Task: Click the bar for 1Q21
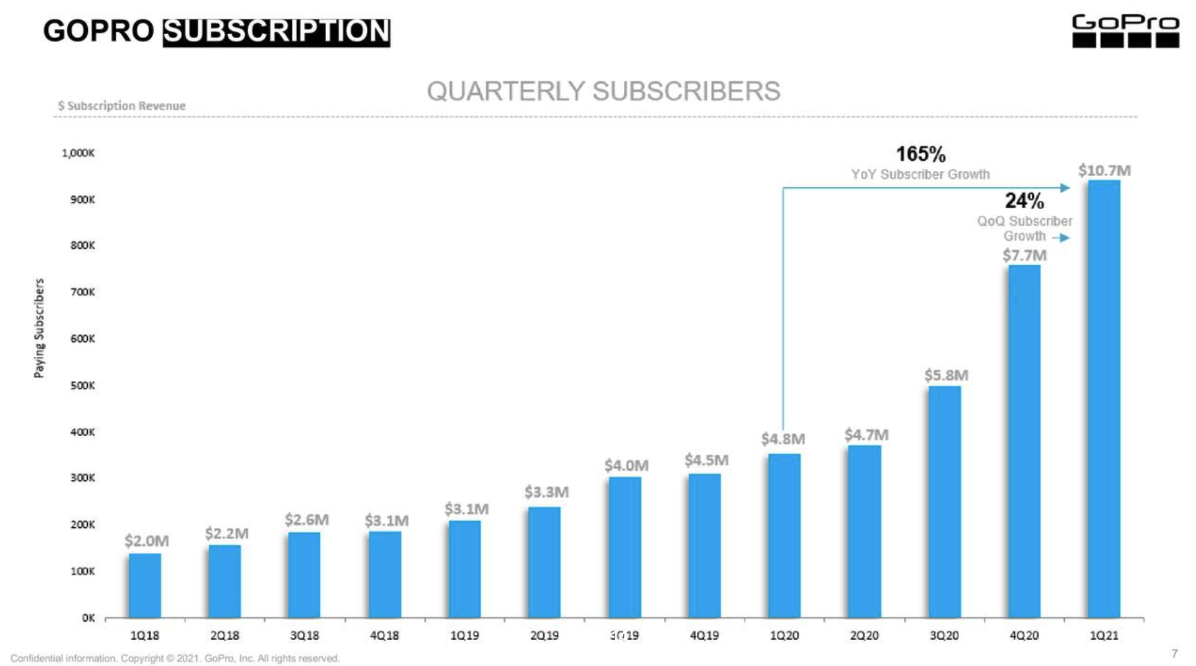tap(1104, 399)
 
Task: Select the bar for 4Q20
tap(1024, 441)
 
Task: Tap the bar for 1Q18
tap(145, 585)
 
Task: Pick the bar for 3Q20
tap(944, 502)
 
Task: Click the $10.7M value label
tap(1104, 170)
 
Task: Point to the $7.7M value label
tap(1024, 256)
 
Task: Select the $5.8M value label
tap(946, 375)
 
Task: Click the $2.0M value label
tap(147, 540)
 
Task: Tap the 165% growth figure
tap(920, 154)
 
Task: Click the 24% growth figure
tap(1024, 201)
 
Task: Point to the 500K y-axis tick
tap(83, 385)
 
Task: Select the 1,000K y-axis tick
tap(78, 153)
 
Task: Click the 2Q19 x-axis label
tap(544, 636)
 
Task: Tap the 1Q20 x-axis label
tap(785, 636)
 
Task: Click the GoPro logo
tap(1126, 31)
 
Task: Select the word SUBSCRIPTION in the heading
tap(276, 31)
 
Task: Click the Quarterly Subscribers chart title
tap(604, 91)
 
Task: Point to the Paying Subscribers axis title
tap(39, 328)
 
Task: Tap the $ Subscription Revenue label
tap(121, 105)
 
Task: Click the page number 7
tap(1174, 653)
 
